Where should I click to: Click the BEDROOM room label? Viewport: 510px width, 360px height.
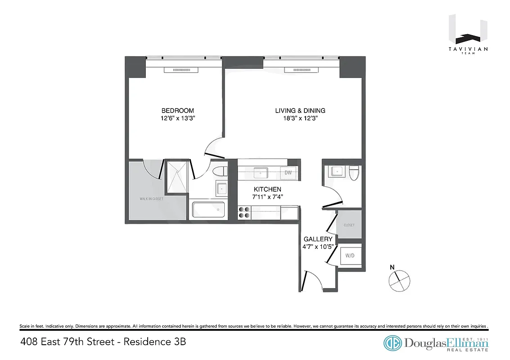pyautogui.click(x=178, y=111)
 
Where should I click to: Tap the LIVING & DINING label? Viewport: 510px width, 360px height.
pyautogui.click(x=300, y=111)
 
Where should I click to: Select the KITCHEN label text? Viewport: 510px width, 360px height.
pyautogui.click(x=267, y=189)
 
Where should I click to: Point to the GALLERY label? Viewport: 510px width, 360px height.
pyautogui.click(x=318, y=239)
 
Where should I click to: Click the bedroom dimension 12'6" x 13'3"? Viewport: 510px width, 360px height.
pyautogui.click(x=178, y=119)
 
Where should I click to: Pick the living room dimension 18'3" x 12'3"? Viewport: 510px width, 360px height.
pyautogui.click(x=300, y=119)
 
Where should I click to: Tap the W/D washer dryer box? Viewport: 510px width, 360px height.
pyautogui.click(x=350, y=256)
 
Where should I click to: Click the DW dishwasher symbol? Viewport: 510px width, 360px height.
pyautogui.click(x=288, y=172)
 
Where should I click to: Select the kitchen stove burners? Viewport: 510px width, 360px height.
pyautogui.click(x=244, y=212)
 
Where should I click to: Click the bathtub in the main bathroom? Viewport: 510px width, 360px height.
pyautogui.click(x=208, y=210)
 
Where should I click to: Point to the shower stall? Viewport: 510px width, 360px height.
pyautogui.click(x=176, y=176)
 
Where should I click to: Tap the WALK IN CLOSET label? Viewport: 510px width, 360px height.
pyautogui.click(x=151, y=198)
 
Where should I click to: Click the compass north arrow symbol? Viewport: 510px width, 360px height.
pyautogui.click(x=399, y=280)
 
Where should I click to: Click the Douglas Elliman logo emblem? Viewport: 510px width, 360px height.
pyautogui.click(x=393, y=342)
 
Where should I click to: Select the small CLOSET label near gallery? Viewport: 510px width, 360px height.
pyautogui.click(x=349, y=225)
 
